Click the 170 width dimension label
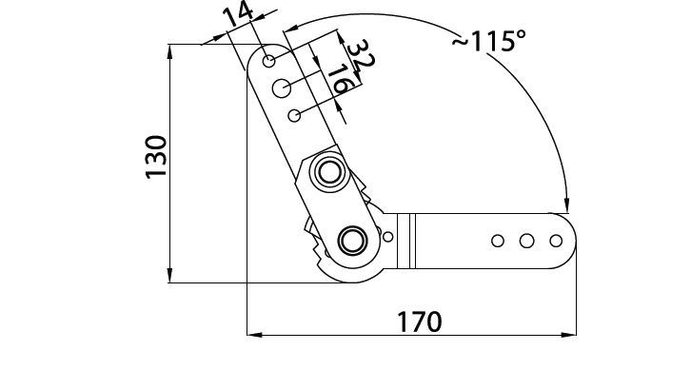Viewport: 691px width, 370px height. pos(419,321)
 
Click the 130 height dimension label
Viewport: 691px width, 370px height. pos(156,157)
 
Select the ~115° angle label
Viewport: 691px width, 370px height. pos(489,41)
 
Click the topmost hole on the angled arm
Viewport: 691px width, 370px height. pos(268,61)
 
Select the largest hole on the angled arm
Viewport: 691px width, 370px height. pos(281,88)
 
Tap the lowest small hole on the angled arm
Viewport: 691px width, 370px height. pos(294,115)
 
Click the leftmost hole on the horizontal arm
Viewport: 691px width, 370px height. pos(498,241)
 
